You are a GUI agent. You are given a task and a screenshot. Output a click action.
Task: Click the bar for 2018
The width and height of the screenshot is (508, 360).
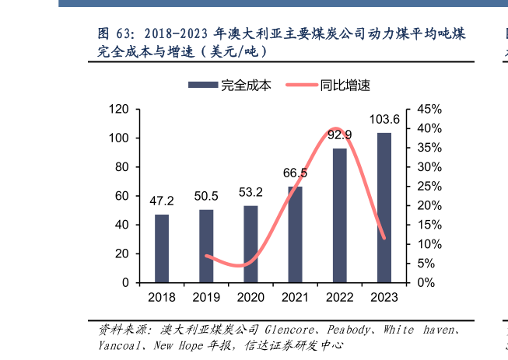click(162, 248)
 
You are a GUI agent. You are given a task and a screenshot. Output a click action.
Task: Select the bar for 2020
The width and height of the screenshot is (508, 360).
click(250, 243)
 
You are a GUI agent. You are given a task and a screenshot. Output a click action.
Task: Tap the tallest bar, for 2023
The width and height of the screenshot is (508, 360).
click(384, 208)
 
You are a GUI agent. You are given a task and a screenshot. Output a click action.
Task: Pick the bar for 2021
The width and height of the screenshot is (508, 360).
click(295, 234)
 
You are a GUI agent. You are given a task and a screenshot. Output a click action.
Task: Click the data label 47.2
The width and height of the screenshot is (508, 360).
click(162, 201)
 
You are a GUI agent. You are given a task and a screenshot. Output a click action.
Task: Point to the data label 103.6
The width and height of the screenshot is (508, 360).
click(384, 120)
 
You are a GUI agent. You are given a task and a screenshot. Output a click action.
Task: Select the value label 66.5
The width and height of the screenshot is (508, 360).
click(295, 173)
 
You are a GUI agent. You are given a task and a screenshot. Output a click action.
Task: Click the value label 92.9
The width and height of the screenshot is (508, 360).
click(339, 135)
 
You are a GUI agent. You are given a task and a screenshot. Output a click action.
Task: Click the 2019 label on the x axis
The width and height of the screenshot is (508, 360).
click(206, 297)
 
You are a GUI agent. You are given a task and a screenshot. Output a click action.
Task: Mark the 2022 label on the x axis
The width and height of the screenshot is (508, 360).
click(340, 297)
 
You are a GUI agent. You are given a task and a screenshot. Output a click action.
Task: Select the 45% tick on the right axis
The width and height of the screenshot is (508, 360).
click(429, 110)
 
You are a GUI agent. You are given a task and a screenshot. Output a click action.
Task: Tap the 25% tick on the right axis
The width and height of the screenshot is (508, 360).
click(429, 187)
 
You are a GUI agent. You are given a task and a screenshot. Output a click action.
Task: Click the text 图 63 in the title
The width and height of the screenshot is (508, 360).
click(115, 35)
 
